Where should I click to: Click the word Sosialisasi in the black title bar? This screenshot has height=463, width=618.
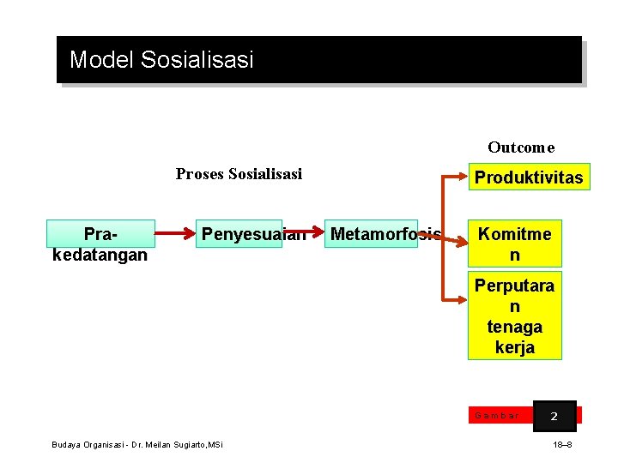(x=197, y=60)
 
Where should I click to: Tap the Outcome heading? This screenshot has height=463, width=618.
(x=521, y=147)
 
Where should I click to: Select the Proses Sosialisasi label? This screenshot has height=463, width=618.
(x=239, y=174)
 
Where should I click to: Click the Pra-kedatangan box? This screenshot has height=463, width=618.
(x=100, y=244)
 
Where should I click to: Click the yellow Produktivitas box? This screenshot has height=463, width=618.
(x=529, y=177)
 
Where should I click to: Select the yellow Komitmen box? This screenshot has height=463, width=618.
(x=515, y=244)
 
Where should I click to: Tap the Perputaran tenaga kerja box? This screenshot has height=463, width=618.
(x=515, y=316)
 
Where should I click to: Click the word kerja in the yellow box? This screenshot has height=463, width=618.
(x=515, y=347)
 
